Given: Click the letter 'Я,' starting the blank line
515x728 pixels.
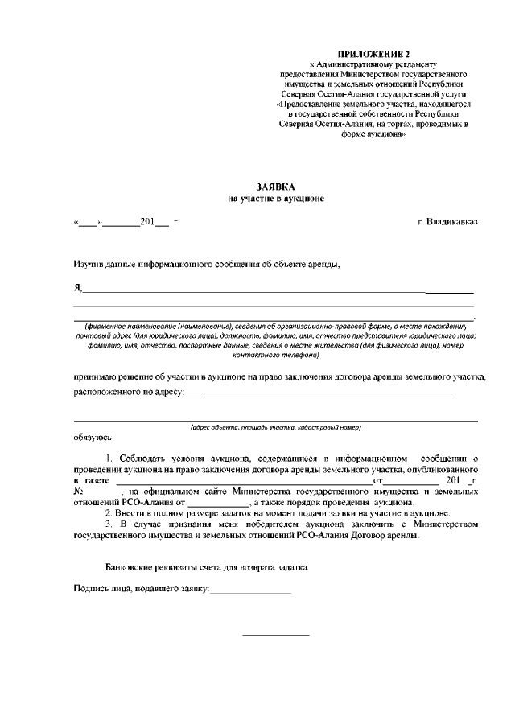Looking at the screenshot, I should (77, 287).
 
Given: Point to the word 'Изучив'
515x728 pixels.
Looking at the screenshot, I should (89, 263).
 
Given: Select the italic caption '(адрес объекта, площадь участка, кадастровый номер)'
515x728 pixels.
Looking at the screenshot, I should (275, 427).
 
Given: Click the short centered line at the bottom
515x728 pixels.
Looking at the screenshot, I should (276, 635).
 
